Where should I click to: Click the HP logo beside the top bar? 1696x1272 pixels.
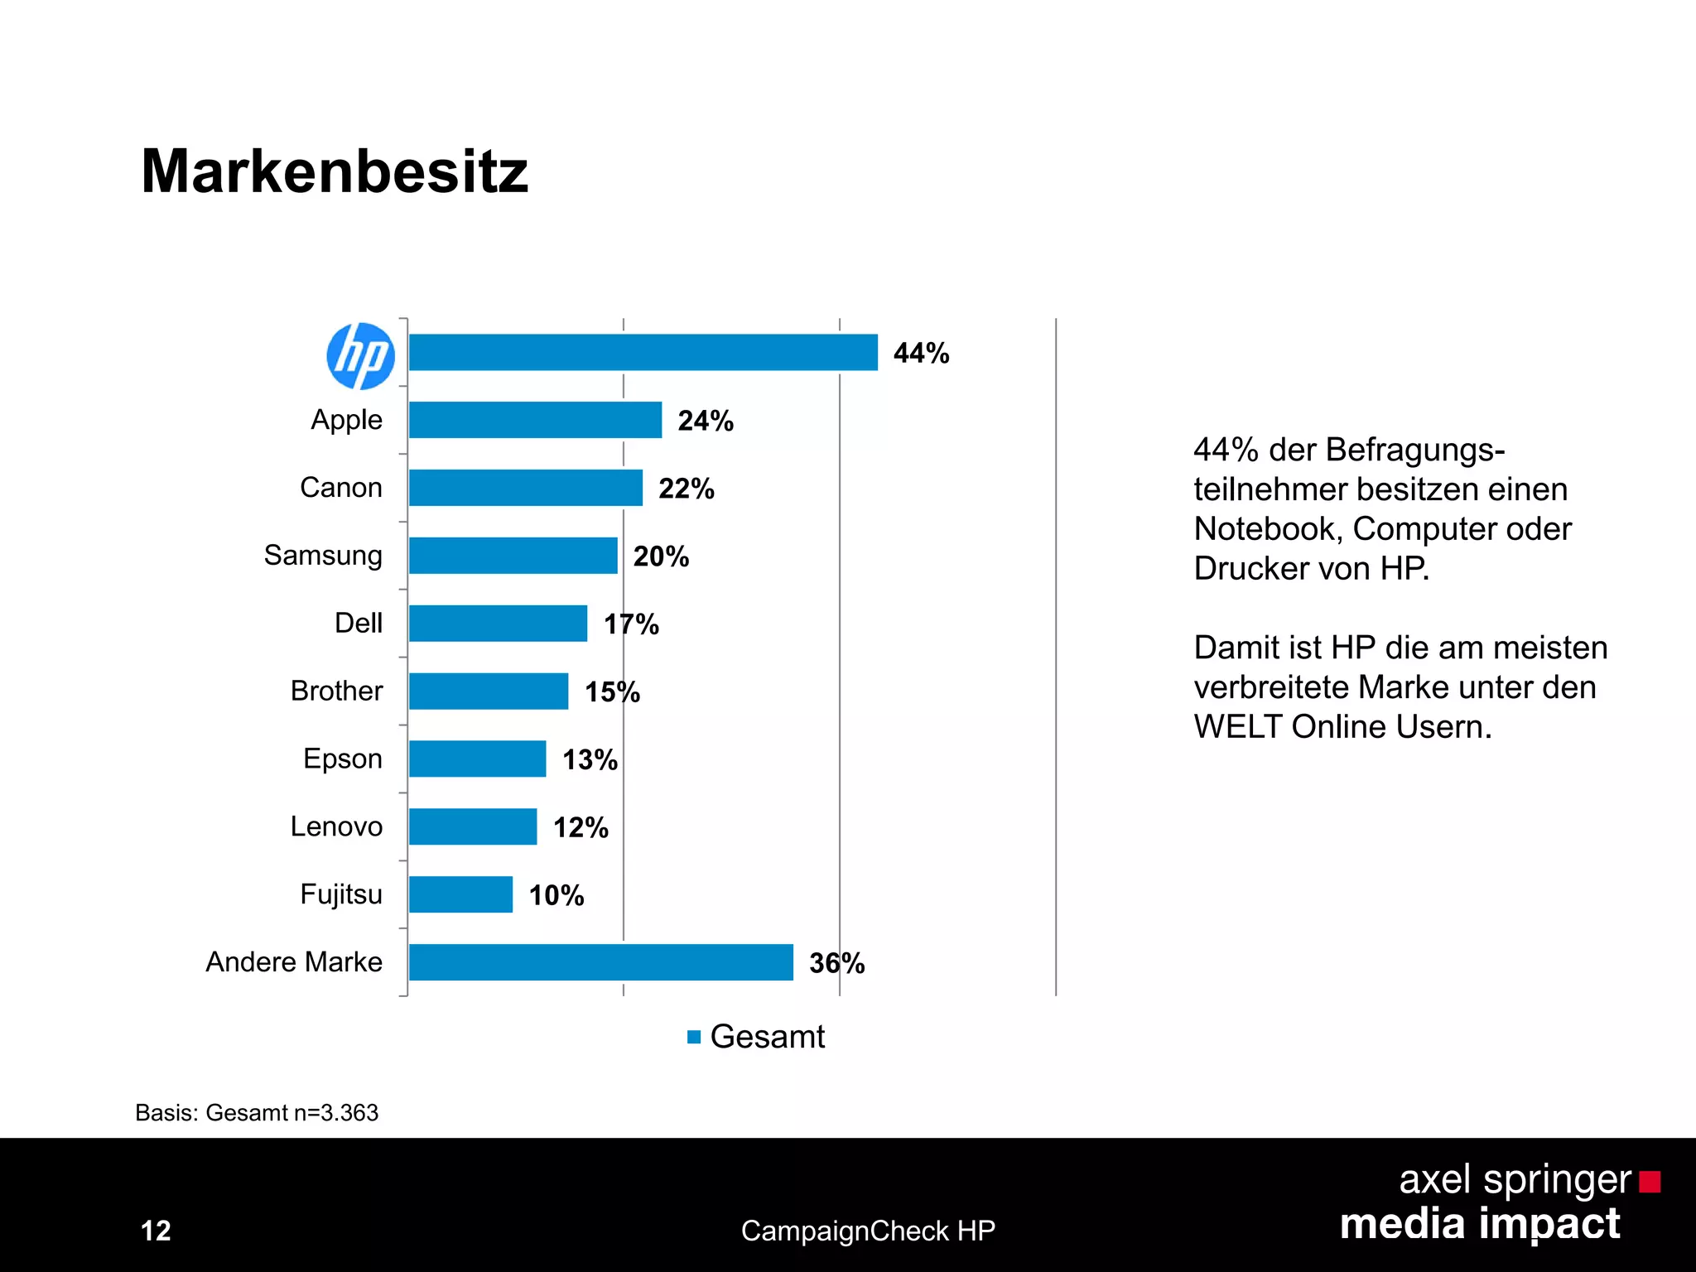360,356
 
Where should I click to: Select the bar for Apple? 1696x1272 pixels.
535,420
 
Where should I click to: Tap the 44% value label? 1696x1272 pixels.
921,354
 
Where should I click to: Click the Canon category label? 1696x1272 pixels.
340,488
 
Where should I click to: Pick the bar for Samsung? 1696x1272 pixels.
513,556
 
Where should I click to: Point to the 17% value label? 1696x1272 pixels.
631,624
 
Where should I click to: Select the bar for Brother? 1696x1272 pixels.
489,691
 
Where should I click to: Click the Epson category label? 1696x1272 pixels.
342,759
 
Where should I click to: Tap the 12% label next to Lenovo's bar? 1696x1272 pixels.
581,827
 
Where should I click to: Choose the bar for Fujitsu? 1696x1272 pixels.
460,895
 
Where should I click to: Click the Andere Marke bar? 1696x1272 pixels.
600,962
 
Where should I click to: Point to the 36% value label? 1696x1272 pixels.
836,963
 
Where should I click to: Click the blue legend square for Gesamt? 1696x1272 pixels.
694,1037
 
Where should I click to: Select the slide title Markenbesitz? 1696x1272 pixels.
335,172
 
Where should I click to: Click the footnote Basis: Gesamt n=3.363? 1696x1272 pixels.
257,1113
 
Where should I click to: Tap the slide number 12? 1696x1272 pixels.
156,1231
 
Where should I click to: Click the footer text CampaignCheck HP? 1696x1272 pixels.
868,1231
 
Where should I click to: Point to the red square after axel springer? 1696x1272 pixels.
1650,1182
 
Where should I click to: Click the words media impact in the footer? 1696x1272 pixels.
1480,1225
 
